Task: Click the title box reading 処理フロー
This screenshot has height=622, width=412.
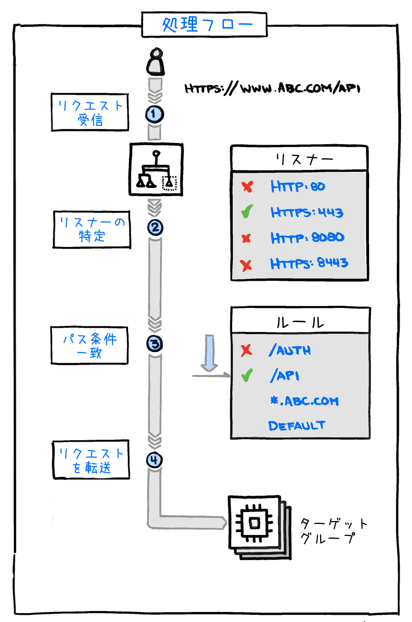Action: [204, 24]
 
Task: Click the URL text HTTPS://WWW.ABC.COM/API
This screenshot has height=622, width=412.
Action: [272, 89]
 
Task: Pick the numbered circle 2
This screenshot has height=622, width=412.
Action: [155, 227]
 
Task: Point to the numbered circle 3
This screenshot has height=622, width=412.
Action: [155, 344]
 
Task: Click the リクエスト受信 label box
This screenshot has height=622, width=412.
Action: [89, 112]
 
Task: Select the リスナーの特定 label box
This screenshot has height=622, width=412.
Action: [91, 229]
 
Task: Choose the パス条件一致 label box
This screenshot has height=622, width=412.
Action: [89, 346]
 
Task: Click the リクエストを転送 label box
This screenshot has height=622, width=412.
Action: [91, 460]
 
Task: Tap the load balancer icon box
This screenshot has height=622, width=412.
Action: [156, 169]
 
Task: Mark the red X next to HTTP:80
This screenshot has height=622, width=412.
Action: [247, 187]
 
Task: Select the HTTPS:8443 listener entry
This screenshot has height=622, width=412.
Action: [309, 263]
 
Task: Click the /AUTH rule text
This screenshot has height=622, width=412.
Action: [290, 351]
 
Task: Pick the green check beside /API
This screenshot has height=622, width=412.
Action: [246, 376]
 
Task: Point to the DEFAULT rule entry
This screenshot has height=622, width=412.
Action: [297, 425]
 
